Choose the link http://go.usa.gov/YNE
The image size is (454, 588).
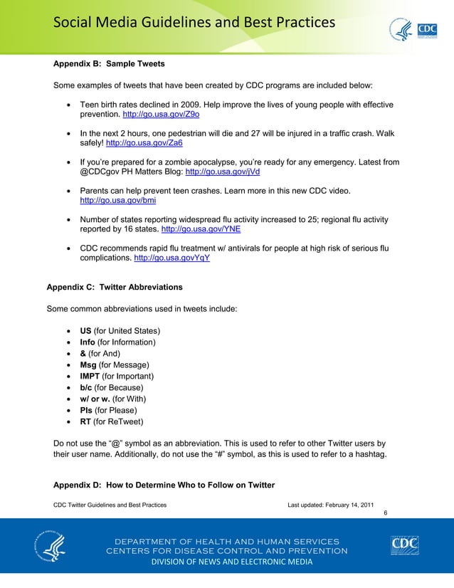coord(201,230)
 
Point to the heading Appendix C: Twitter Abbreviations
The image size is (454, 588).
coord(114,287)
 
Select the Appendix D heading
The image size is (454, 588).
coord(164,485)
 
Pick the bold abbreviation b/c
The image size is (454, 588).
coord(86,388)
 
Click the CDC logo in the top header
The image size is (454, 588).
coord(426,29)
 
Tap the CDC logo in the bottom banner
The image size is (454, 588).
coord(404,546)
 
